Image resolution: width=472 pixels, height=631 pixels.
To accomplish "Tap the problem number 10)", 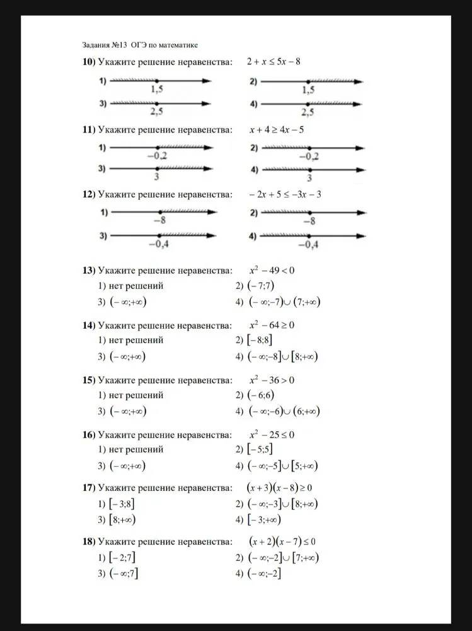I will (89, 62).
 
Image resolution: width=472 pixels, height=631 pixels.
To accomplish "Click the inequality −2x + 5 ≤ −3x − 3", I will (285, 194).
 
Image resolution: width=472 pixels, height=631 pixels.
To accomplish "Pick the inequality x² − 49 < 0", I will (272, 271).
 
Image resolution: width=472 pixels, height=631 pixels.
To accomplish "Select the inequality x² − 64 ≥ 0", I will (272, 326).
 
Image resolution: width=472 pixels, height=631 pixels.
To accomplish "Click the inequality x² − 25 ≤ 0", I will (272, 435).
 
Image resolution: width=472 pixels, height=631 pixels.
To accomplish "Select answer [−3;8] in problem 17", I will (122, 504).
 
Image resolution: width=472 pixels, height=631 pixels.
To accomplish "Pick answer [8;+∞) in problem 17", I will (122, 520).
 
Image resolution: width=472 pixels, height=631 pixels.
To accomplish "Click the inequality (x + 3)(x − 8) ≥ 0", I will (280, 488).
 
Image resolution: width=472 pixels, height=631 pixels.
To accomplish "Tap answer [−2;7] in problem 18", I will (122, 558).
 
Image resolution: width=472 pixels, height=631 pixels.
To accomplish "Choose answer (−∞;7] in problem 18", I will (124, 574).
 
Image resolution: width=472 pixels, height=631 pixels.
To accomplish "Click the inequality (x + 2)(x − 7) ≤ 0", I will (282, 541).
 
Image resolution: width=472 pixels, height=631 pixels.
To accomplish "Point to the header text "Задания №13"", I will (105, 45).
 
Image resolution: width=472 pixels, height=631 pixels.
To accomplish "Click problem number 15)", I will (89, 380).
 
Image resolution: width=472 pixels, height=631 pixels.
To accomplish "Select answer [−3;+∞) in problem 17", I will (264, 520).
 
